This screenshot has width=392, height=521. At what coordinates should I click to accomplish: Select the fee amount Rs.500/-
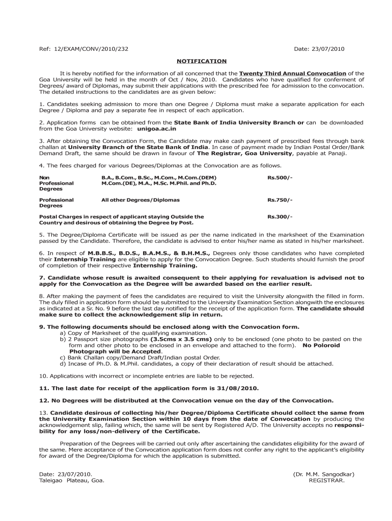point(280,178)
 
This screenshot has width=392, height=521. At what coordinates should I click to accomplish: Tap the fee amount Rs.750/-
point(280,200)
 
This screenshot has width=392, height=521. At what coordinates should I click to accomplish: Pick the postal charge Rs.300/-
point(280,217)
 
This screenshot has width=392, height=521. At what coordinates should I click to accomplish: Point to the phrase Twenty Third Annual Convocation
point(292,73)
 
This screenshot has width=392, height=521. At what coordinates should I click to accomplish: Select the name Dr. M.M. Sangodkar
point(323,474)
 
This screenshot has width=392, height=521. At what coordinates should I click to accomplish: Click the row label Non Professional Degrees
point(56,183)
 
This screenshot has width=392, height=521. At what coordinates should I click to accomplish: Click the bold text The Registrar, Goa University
point(245,153)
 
